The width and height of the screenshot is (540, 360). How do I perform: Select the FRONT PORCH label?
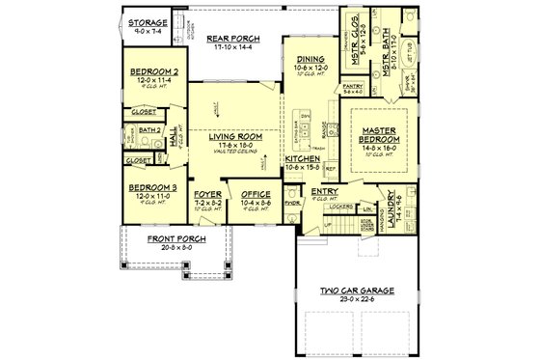click(154, 238)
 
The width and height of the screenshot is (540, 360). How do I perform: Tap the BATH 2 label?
click(148, 128)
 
